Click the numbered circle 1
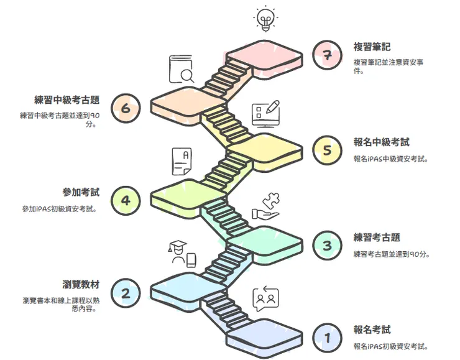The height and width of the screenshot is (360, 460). (x=327, y=338)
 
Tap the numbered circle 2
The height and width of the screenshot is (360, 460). (x=126, y=293)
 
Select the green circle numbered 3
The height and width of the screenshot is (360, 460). (x=327, y=246)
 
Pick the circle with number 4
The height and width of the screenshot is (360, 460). (x=126, y=200)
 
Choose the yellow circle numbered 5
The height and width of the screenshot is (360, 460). (x=327, y=151)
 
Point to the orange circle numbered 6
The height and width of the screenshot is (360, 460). (x=126, y=109)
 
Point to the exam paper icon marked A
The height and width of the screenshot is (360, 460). (x=181, y=162)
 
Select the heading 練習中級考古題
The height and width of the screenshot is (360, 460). (x=68, y=99)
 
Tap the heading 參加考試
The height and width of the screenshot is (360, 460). (x=82, y=192)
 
